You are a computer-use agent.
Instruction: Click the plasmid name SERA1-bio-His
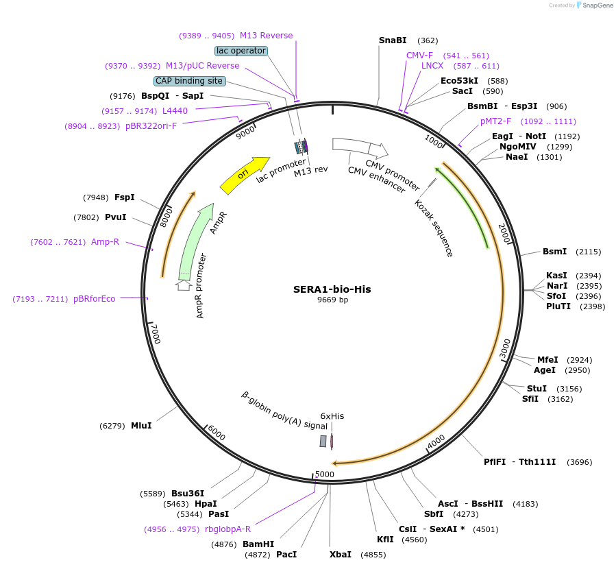[332, 289]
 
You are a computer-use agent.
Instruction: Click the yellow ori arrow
[245, 175]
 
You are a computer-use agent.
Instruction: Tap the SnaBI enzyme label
[393, 40]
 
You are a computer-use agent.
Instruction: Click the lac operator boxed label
[241, 51]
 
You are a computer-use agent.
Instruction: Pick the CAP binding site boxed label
[189, 81]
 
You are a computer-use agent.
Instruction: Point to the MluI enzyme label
[141, 426]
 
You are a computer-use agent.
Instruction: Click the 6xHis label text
[332, 416]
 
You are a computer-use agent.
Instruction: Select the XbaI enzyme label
[340, 554]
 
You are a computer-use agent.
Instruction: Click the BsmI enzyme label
[554, 252]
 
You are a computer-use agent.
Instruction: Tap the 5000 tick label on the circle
[324, 474]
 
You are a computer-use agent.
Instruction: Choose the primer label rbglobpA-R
[227, 529]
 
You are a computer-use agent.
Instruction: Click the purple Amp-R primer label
[105, 242]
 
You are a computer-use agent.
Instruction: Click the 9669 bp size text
[332, 300]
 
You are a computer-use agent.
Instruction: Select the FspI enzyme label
[124, 197]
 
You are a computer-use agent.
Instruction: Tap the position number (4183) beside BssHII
[525, 504]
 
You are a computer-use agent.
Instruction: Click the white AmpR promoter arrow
[184, 285]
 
